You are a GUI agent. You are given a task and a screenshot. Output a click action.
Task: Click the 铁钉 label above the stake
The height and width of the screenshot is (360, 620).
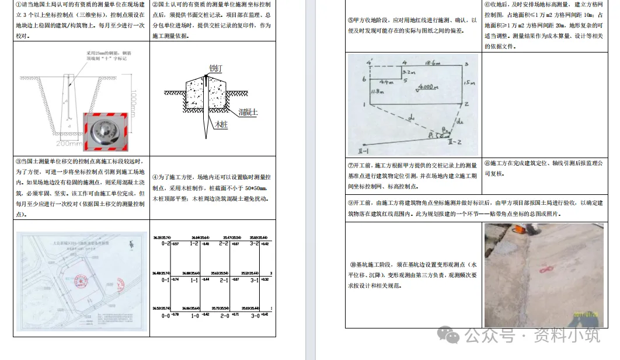click(x=215, y=68)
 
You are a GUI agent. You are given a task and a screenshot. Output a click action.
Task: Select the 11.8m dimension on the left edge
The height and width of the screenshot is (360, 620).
click(x=377, y=92)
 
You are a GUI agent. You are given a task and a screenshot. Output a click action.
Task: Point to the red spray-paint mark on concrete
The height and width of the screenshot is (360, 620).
click(x=548, y=270)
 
